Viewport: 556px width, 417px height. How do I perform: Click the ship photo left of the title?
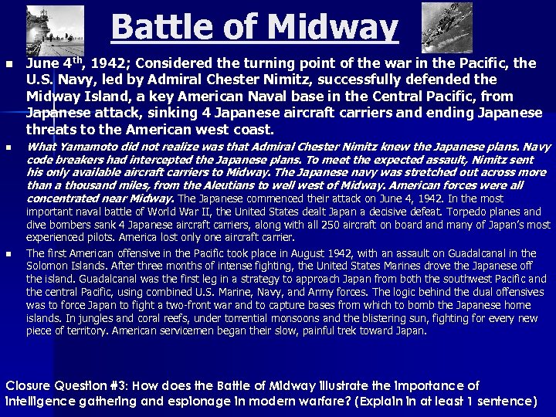click(49, 28)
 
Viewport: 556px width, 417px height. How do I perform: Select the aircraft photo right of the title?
click(446, 27)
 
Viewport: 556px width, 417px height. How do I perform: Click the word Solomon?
click(46, 266)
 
